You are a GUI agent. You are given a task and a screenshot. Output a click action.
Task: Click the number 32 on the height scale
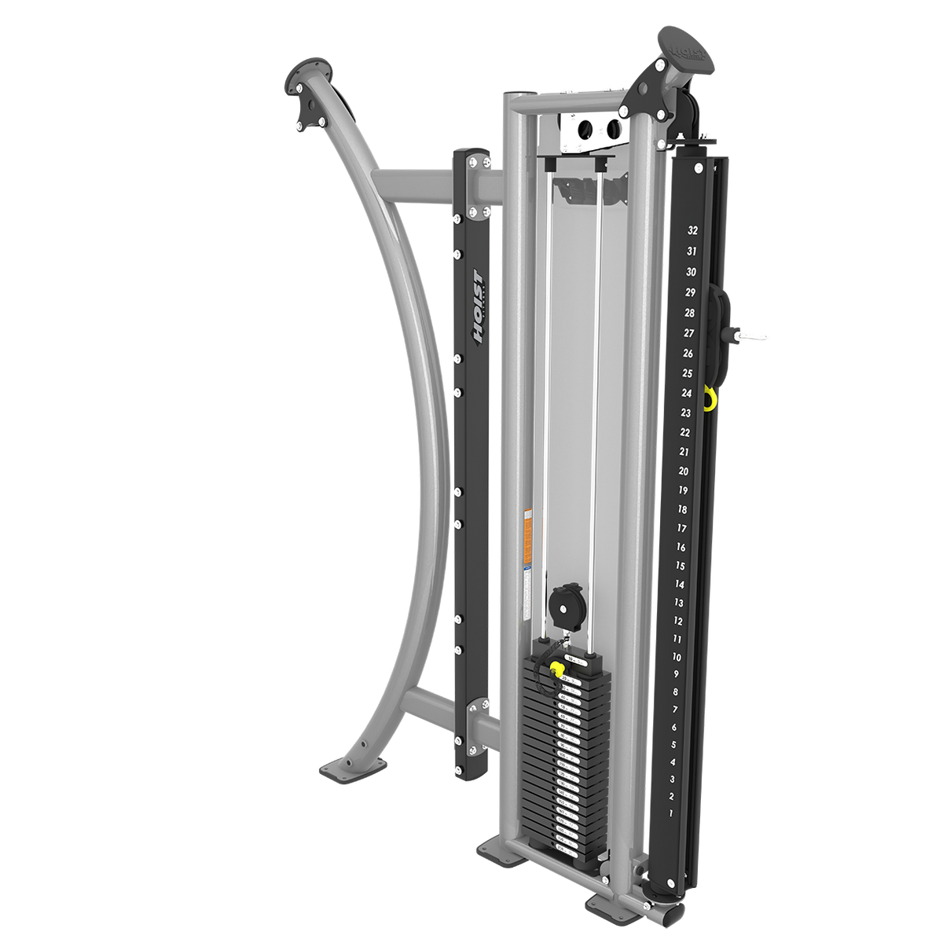(692, 231)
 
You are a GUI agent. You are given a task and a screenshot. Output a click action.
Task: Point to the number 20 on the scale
(684, 471)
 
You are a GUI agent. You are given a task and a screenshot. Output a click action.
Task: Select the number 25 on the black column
(687, 373)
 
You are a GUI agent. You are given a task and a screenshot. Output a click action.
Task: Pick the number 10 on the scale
(677, 657)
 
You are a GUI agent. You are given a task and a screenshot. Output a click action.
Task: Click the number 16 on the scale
(681, 547)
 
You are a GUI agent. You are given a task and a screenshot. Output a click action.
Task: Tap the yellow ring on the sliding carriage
(710, 398)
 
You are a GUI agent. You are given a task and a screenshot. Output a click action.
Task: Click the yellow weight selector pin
(556, 670)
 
